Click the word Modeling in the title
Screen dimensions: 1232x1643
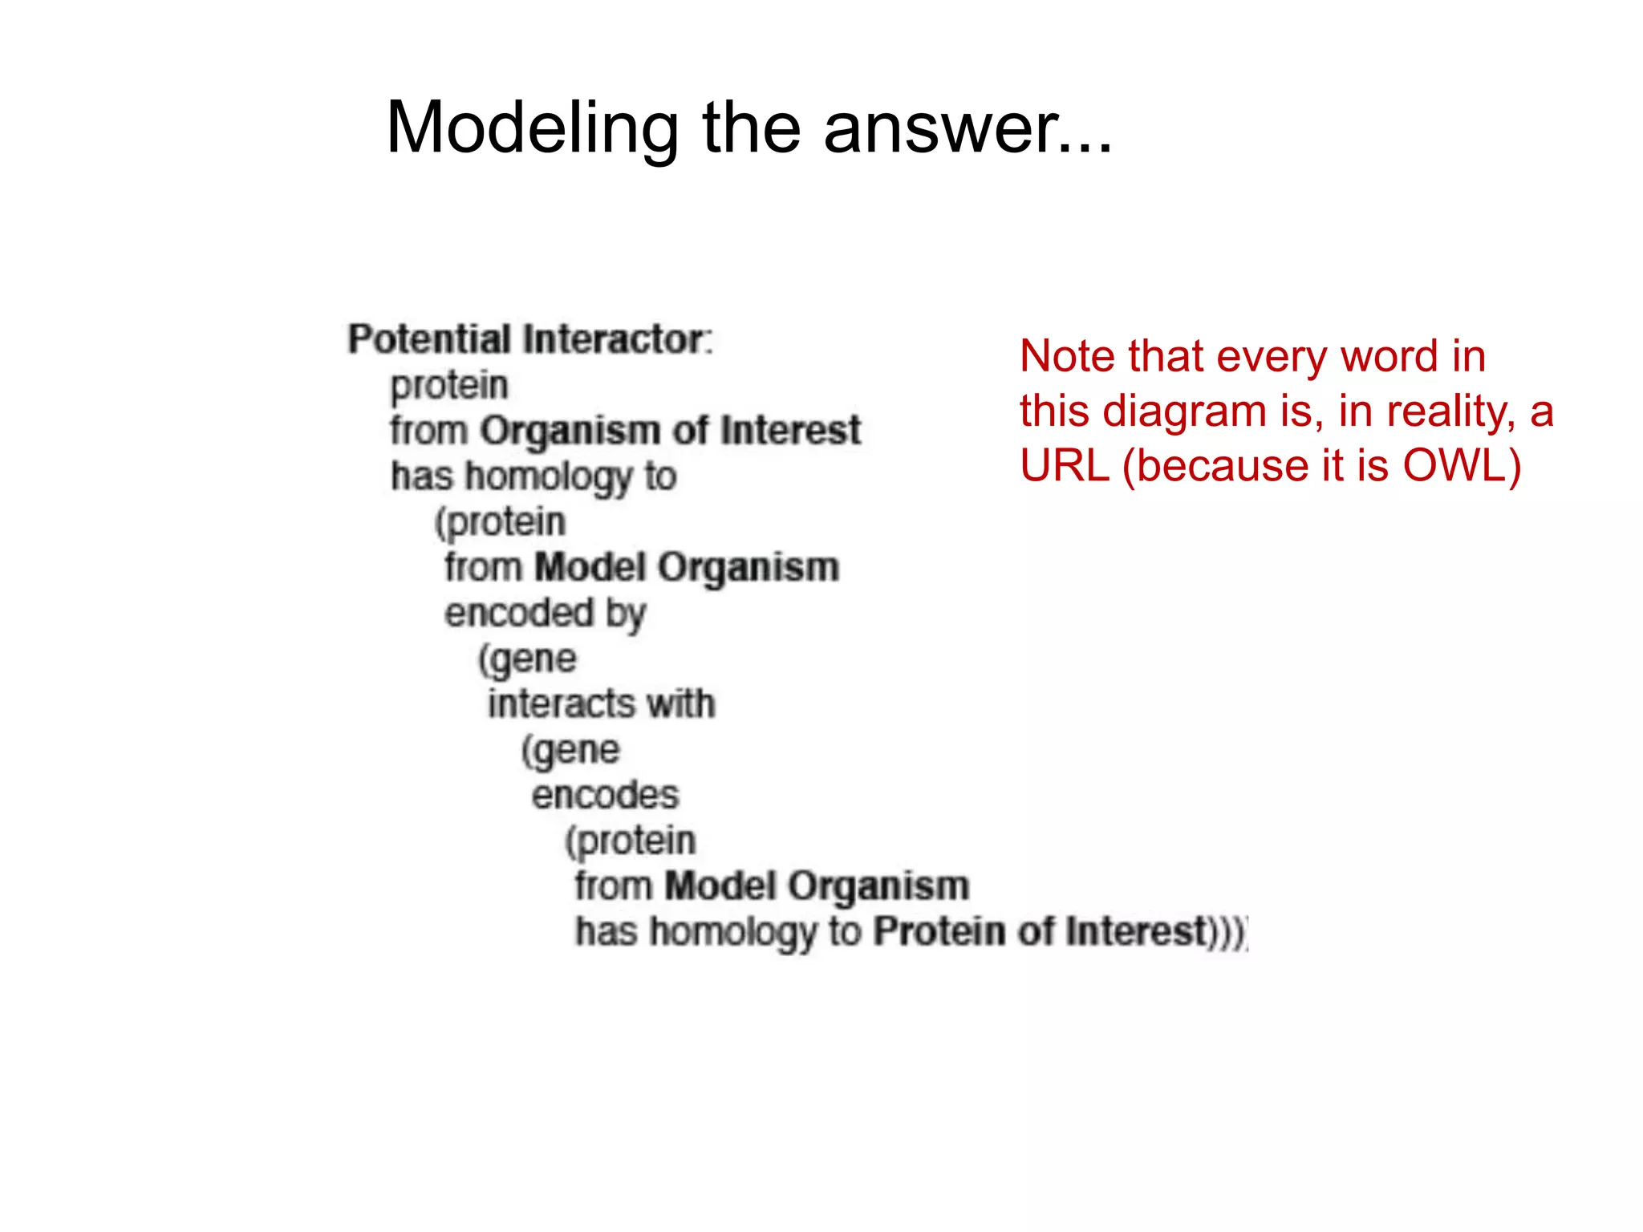coord(532,128)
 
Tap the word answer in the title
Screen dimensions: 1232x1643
coord(939,128)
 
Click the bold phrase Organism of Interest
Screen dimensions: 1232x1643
coord(670,431)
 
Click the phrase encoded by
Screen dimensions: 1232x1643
coord(546,614)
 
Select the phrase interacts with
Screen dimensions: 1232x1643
coord(601,704)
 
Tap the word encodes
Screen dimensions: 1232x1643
coord(605,796)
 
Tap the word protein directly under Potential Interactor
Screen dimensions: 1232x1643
coord(449,386)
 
